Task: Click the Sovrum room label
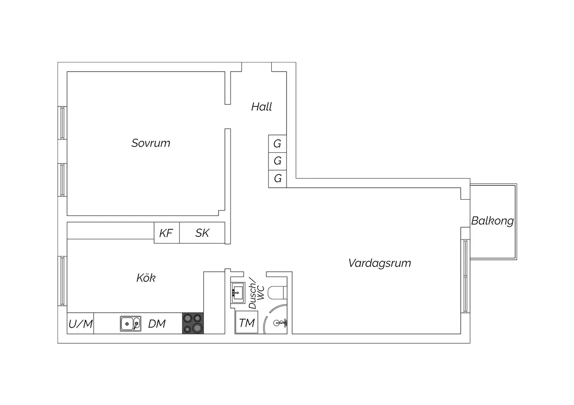click(151, 143)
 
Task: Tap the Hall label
click(262, 107)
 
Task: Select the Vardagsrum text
click(379, 263)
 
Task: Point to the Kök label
click(146, 278)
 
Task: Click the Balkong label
click(492, 221)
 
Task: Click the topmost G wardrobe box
click(277, 143)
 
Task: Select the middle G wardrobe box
click(277, 161)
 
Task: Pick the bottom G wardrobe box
click(277, 179)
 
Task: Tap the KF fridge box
click(166, 233)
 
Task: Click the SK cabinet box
click(202, 233)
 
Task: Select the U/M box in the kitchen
click(80, 324)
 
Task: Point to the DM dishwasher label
click(157, 324)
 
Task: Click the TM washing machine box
click(246, 323)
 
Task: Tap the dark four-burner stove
click(193, 323)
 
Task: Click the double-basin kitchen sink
click(130, 324)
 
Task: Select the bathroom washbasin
click(238, 291)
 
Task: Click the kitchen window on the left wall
click(62, 281)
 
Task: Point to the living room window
click(465, 276)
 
